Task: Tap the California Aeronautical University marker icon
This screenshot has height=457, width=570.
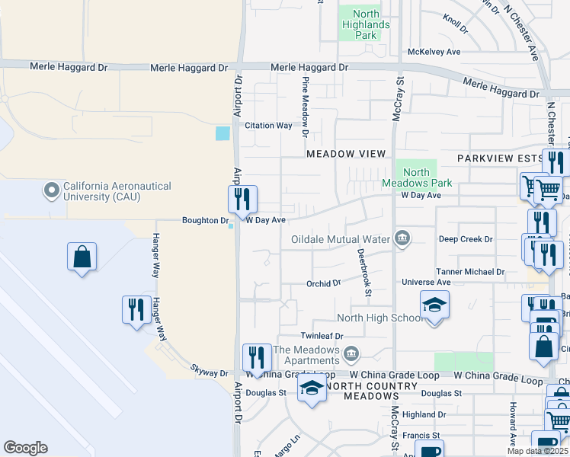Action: pos(52,190)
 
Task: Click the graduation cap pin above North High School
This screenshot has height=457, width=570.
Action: pos(434,305)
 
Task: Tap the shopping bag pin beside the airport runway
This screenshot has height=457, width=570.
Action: pos(82,257)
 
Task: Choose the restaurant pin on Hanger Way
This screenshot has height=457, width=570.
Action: pos(136,310)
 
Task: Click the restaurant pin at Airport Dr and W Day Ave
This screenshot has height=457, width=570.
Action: pos(242,200)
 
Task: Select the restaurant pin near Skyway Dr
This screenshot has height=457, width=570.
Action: pos(257,358)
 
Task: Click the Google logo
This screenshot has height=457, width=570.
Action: pos(25,448)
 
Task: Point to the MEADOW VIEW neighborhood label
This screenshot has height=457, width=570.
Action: pos(346,154)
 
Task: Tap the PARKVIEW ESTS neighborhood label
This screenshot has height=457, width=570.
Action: pos(498,158)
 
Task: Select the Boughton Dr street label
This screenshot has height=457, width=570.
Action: pos(205,222)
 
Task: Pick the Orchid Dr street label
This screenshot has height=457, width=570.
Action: pos(324,283)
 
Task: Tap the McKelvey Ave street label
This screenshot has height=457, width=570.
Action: pos(434,52)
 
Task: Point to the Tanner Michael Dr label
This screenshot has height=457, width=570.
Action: pos(470,271)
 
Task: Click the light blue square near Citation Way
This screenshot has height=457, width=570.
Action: pos(223,133)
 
